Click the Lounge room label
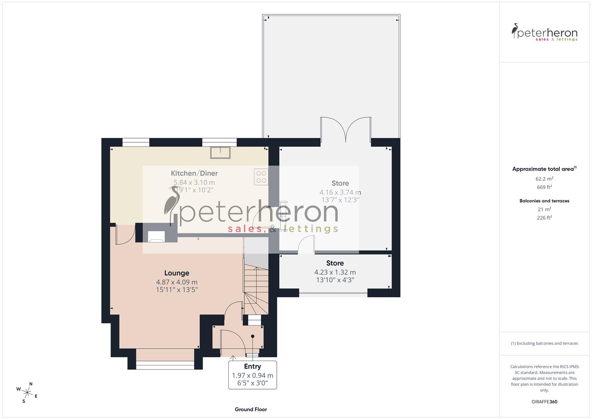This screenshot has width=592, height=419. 176,273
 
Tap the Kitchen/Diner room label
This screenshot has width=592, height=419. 194,173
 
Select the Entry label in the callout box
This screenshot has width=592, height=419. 252,366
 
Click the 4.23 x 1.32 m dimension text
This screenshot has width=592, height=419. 335,272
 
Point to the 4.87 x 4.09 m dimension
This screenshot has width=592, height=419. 176,282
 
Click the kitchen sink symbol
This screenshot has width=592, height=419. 220,152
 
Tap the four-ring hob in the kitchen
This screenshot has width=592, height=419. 261,177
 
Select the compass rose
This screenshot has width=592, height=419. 27,392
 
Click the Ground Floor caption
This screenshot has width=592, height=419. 251,409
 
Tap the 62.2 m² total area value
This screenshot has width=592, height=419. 544,179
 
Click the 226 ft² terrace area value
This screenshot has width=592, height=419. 544,218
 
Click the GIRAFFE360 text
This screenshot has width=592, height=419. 544,402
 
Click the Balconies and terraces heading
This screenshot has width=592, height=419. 544,201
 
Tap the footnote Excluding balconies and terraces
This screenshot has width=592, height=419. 544,343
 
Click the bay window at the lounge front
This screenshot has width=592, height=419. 165,364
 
